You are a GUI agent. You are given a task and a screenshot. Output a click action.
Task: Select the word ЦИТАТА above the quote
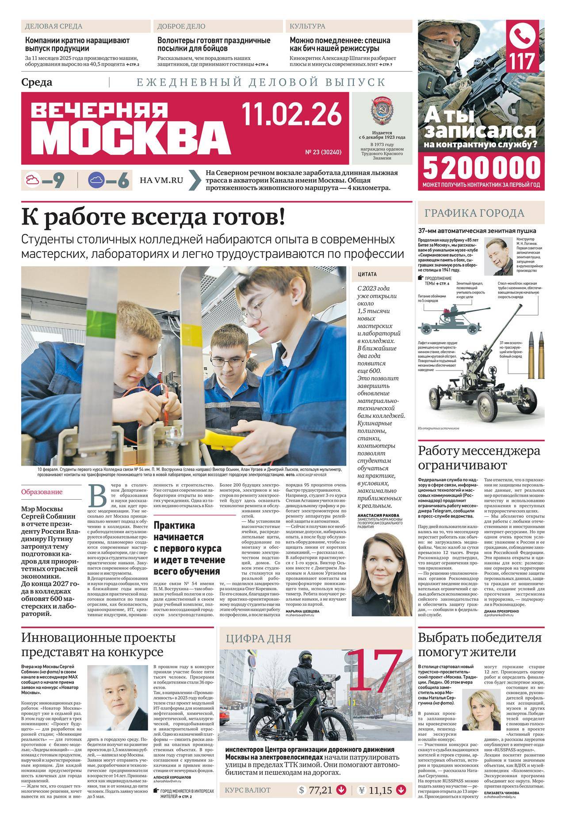point(364,274)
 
